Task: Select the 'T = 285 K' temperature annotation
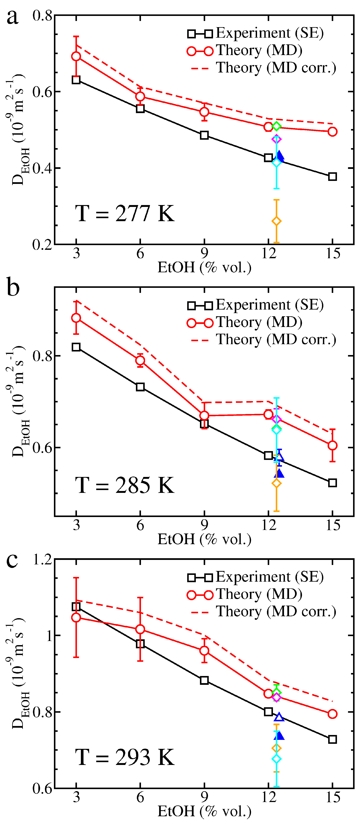124,485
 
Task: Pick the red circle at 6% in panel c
140,629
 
